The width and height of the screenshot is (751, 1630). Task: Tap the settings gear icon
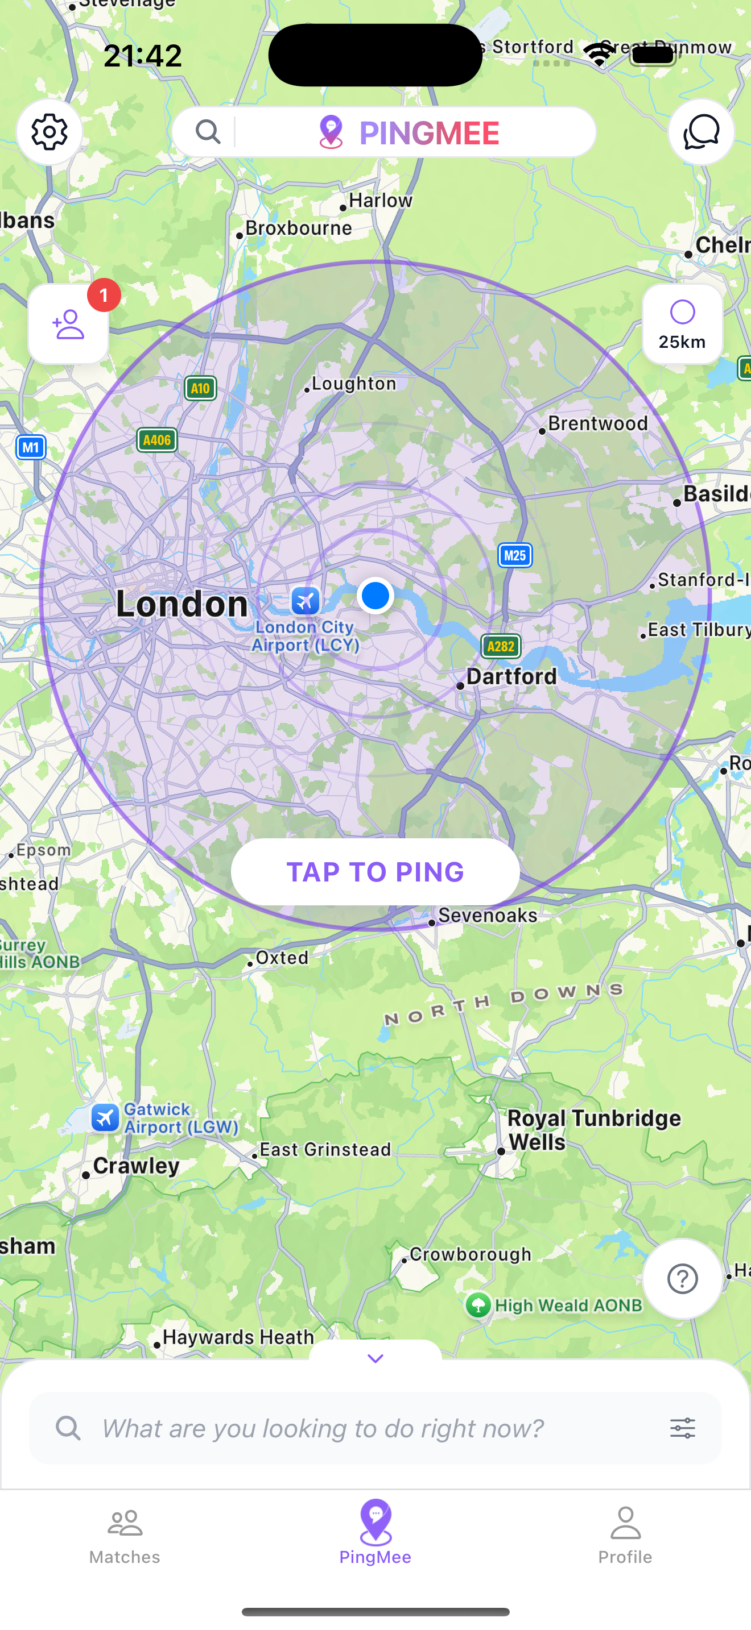coord(49,132)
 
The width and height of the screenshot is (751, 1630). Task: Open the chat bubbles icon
coord(701,132)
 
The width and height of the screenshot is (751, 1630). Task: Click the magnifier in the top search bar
coord(208,132)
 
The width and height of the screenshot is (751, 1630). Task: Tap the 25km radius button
coord(682,325)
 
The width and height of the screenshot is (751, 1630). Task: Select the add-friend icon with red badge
coord(68,325)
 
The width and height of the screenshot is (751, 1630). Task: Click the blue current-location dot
coord(375,596)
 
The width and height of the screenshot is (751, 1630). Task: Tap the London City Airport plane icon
coord(305,601)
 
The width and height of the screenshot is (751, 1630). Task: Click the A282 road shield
coord(501,646)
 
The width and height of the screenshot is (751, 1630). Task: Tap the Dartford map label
coord(511,676)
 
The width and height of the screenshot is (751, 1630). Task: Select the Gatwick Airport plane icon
coord(105,1117)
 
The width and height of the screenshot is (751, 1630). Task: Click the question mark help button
coord(682,1279)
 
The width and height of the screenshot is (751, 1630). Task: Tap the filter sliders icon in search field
coord(683,1428)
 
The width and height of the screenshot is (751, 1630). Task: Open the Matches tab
coord(125,1535)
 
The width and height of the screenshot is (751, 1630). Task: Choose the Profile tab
coord(625,1535)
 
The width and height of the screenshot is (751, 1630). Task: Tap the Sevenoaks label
coord(487,915)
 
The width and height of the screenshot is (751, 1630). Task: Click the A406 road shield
coord(157,440)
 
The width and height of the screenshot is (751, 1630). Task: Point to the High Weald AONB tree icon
coord(478,1305)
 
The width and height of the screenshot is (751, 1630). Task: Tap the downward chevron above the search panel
coord(375,1358)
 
